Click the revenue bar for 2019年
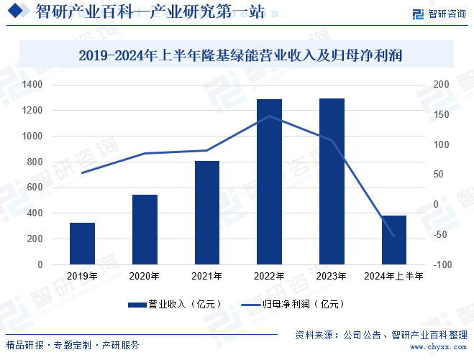[x=82, y=244]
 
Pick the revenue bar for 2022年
[x=269, y=182]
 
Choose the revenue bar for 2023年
[x=332, y=182]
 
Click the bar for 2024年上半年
[x=394, y=240]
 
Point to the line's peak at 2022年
[x=269, y=116]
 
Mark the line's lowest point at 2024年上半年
[x=394, y=235]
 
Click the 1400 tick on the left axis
[x=32, y=85]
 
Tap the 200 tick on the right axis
[x=441, y=85]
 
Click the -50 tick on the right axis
[x=440, y=235]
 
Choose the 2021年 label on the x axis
[x=207, y=276]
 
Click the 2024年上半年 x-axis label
[x=394, y=276]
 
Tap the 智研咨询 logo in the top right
[x=438, y=14]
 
